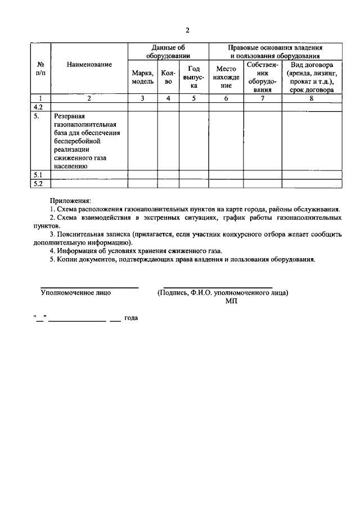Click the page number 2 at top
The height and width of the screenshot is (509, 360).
188,30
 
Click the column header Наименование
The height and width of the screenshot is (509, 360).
89,65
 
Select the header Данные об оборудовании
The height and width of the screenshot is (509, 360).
168,52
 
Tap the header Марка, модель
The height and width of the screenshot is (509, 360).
142,77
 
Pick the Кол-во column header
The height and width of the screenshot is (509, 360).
168,77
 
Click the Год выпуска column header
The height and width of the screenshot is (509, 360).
193,77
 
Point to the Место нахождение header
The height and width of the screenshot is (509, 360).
226,77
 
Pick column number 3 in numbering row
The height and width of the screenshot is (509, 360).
142,98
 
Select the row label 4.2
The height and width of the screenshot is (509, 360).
39,106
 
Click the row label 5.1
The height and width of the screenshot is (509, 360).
39,175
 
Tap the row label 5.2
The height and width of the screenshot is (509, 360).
39,183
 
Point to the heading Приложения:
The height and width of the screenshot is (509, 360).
69,200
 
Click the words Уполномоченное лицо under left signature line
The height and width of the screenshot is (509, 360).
76,292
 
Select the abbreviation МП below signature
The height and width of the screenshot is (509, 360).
231,301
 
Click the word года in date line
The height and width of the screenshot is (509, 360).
131,318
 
